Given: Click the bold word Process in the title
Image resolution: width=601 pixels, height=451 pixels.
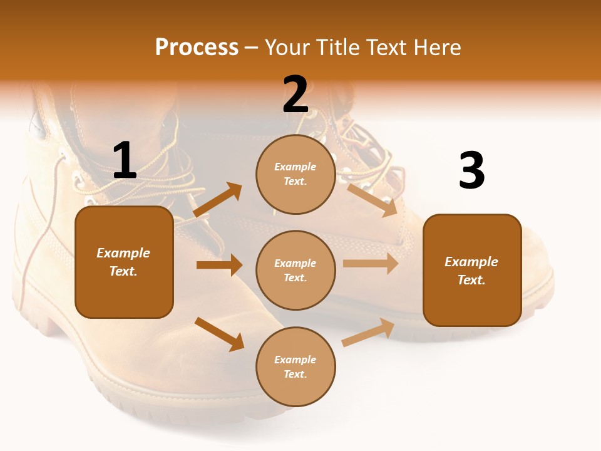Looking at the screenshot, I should [x=197, y=48].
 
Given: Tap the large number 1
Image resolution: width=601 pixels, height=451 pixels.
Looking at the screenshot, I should [x=125, y=161].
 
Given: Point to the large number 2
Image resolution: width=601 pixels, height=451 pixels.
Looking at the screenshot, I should [x=295, y=95].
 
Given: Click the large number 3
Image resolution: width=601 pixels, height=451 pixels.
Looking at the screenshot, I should [x=471, y=171].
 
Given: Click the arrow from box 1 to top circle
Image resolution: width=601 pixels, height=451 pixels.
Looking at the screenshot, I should [x=217, y=200].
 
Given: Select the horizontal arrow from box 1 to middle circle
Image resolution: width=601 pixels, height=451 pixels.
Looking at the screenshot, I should [x=219, y=265].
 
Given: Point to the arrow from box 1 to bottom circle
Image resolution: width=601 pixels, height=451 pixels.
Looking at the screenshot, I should [x=219, y=334].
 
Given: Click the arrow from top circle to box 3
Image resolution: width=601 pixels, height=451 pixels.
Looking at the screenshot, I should [x=372, y=200].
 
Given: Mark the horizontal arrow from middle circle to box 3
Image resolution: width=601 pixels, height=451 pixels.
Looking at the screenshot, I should [x=371, y=263].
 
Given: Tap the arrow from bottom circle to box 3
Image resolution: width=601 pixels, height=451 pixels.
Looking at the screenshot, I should [x=368, y=333].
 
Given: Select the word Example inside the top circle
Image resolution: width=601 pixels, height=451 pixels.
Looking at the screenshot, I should [x=295, y=167].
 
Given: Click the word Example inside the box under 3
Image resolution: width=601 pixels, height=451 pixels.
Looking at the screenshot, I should [x=471, y=262].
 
